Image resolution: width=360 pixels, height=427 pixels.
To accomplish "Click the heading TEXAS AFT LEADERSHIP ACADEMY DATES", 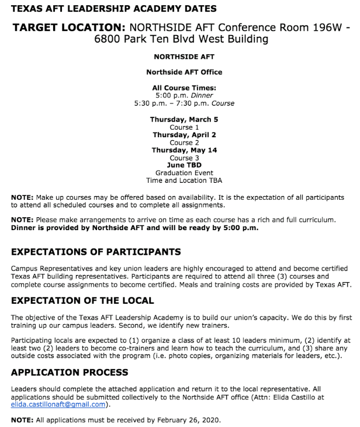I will coord(113,9).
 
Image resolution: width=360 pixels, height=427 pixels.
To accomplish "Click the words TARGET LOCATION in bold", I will coord(68,27).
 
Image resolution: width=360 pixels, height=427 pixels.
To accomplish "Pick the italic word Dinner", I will coord(200,95).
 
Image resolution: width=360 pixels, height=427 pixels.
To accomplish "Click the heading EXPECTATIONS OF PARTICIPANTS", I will coord(96,252).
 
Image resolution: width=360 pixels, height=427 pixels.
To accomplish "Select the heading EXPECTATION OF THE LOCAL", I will coord(82,301).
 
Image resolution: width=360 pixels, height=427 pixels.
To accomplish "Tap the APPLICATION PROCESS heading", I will coord(70,373).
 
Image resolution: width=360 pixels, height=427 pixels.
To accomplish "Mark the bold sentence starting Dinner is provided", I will coord(134,228).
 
